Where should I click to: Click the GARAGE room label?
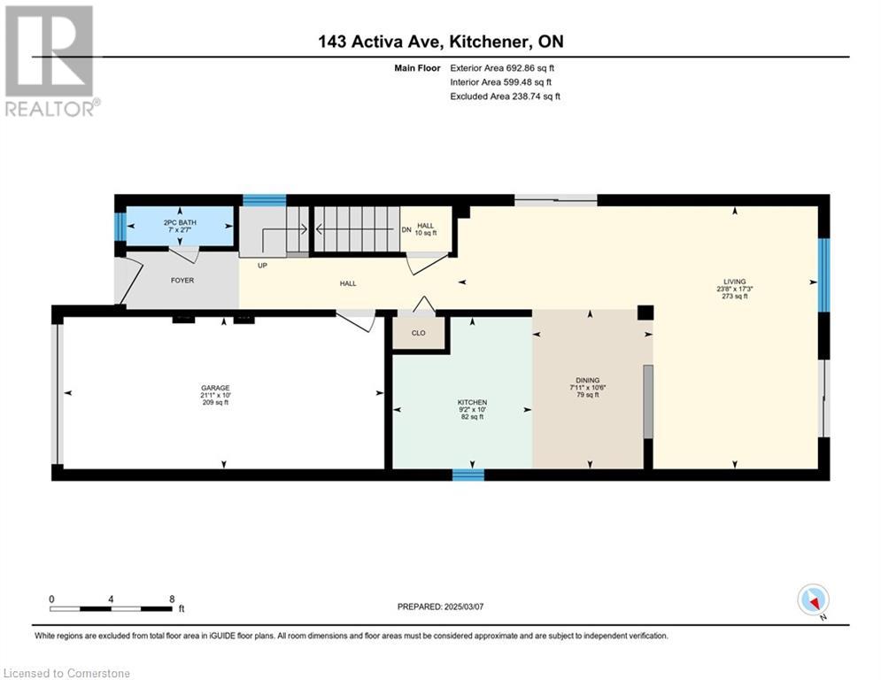coord(215,388)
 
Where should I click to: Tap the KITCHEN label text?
coord(472,402)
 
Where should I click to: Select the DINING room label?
coord(588,380)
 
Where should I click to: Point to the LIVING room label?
coord(734,282)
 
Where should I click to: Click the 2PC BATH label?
coord(180,223)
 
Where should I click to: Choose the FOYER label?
coord(182,280)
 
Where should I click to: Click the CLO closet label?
coord(419,333)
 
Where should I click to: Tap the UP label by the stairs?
coord(262,266)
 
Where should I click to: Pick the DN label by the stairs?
coord(406,230)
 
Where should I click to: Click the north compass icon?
coord(813,600)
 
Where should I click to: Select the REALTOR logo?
coord(51,61)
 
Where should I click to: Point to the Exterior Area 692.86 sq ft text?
coord(502,68)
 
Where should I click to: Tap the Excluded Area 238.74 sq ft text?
coord(505,97)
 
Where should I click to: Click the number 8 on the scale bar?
coord(172,599)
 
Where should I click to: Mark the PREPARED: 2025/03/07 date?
coord(441,607)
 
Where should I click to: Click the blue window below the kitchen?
coord(468,475)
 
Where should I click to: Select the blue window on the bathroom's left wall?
coord(120,227)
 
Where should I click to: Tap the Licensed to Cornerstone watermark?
coord(66,673)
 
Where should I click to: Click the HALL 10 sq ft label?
coord(425,229)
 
